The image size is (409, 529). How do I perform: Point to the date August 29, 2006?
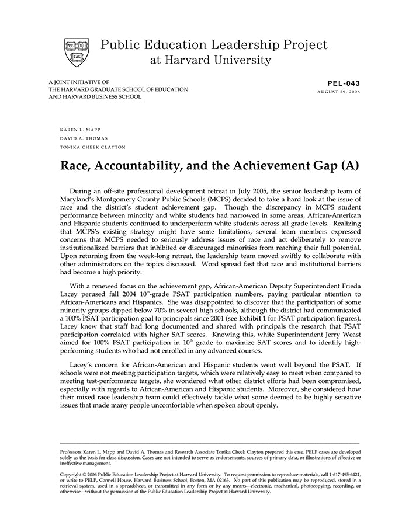[339, 92]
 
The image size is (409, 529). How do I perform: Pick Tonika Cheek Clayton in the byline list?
[92, 147]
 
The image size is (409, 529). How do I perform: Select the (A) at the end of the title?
[348, 165]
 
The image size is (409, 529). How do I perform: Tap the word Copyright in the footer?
[74, 475]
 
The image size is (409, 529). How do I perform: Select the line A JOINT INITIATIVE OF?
[79, 82]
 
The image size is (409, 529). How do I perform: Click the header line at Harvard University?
[210, 60]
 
